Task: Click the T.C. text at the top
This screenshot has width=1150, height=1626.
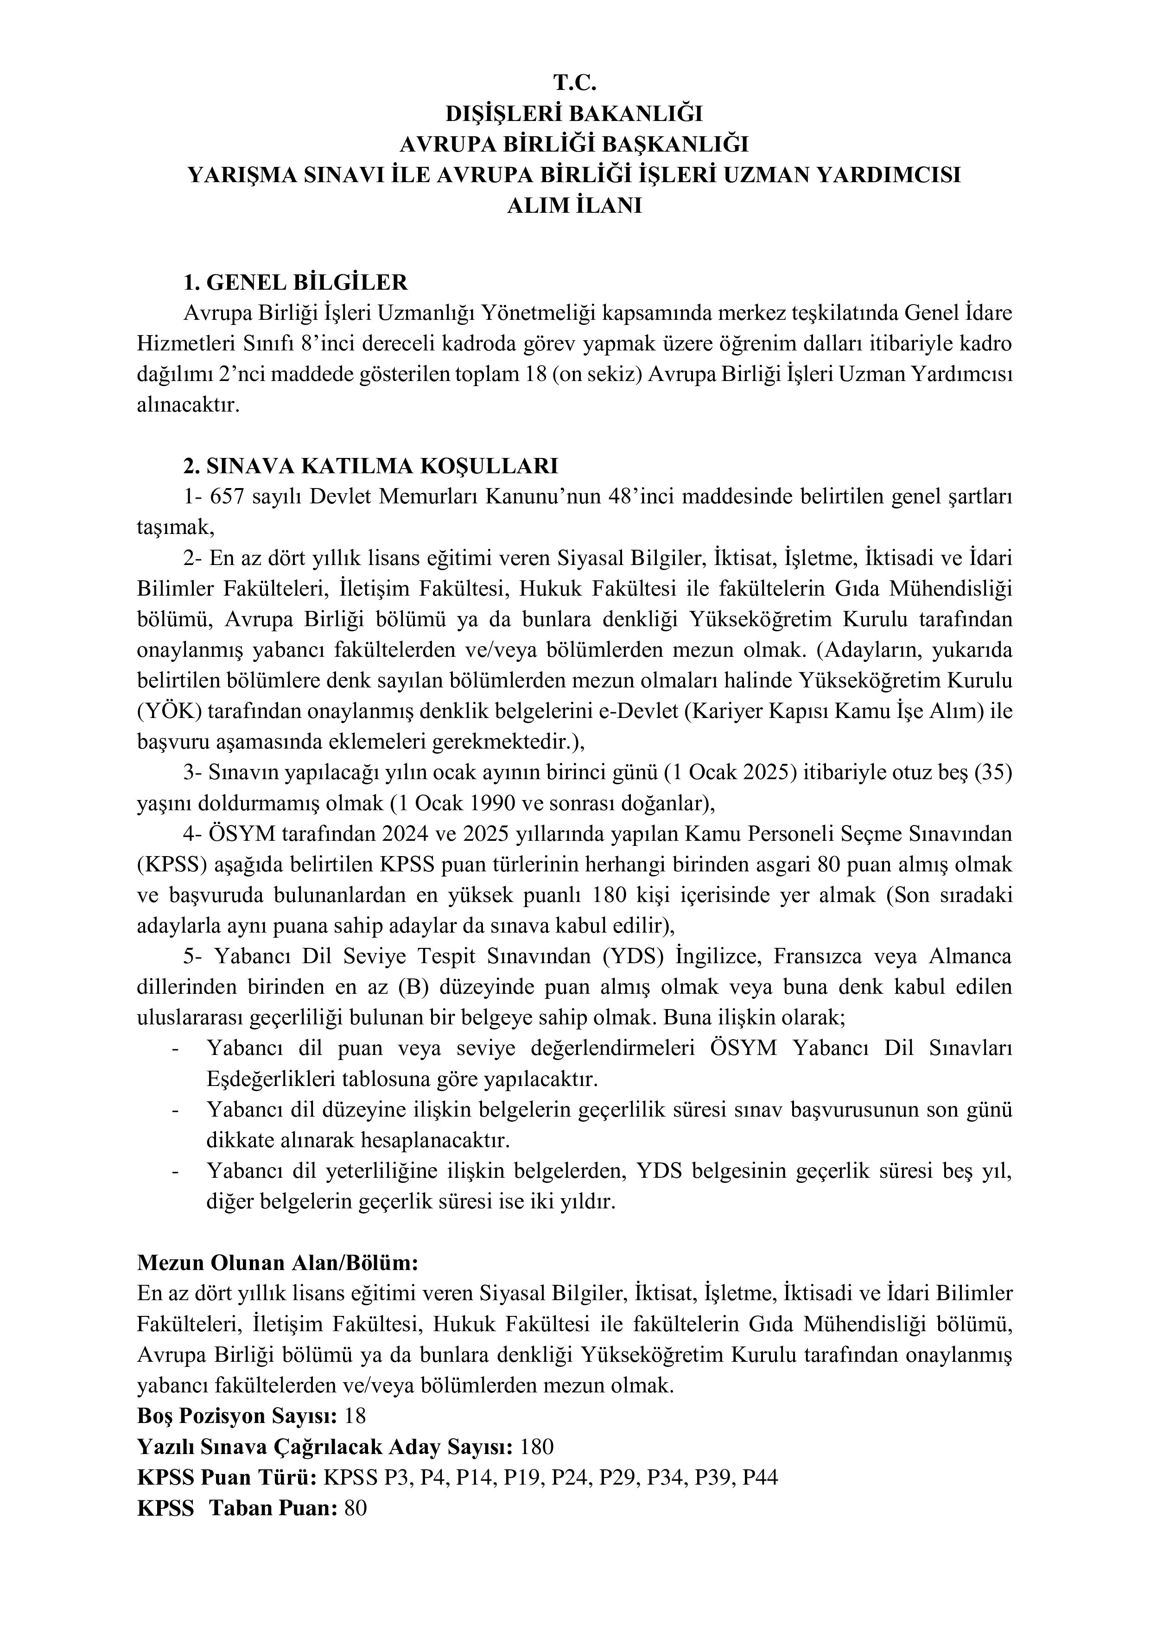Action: (574, 83)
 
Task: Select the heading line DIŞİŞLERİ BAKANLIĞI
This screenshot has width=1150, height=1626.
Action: (574, 114)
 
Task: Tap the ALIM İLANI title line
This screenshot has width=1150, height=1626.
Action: (574, 206)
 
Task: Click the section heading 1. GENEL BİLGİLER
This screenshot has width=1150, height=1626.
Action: (295, 283)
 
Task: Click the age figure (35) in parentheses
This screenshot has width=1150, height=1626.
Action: (993, 773)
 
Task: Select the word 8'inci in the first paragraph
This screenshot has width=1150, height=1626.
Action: (349, 344)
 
